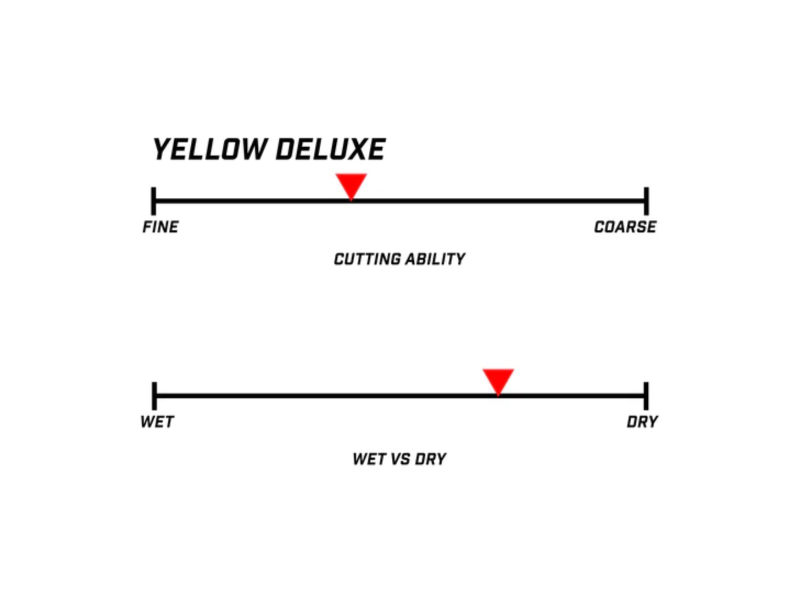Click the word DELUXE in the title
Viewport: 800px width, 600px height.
click(330, 149)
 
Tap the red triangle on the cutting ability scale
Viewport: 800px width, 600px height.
click(351, 186)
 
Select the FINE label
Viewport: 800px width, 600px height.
click(160, 227)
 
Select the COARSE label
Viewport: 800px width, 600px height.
click(625, 227)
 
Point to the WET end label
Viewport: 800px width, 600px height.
click(157, 422)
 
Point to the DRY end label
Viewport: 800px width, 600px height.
click(642, 422)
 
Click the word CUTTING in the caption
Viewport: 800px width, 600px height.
click(367, 259)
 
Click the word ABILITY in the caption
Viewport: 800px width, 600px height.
click(435, 259)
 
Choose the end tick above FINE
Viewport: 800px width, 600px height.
click(154, 201)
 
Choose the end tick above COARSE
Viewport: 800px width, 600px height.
click(646, 201)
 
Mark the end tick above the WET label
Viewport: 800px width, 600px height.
click(154, 396)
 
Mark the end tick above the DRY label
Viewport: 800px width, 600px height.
click(646, 396)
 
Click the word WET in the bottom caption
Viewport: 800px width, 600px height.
click(369, 459)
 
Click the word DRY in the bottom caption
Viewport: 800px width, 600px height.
click(430, 459)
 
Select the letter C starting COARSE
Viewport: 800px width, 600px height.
click(599, 227)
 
